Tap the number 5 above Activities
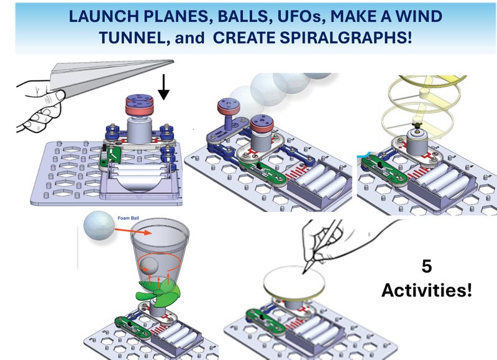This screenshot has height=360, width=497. [427, 267]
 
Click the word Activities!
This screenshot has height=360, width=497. [426, 290]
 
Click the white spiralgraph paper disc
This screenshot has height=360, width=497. [294, 284]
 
